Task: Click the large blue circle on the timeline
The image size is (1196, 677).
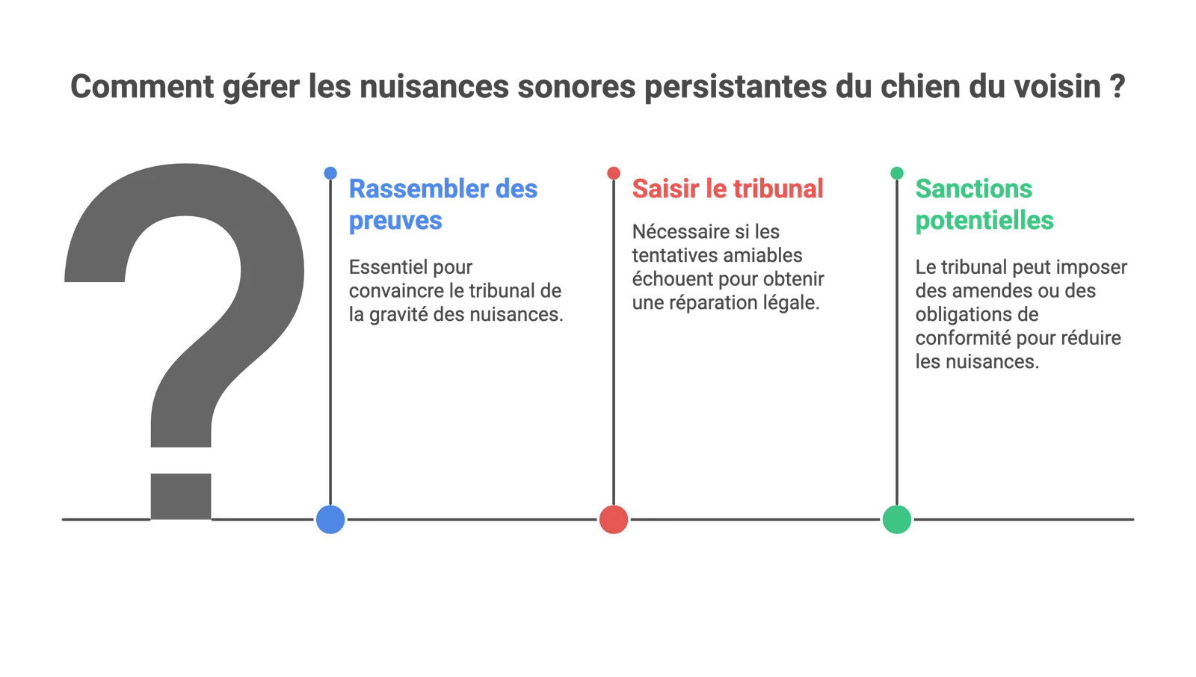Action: [330, 519]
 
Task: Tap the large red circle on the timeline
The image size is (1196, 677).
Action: [614, 519]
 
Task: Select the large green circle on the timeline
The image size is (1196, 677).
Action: [897, 519]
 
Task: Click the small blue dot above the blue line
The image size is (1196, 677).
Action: [330, 173]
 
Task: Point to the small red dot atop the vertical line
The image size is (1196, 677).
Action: [614, 173]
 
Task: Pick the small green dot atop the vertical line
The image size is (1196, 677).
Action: [897, 173]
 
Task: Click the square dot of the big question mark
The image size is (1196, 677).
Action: [181, 497]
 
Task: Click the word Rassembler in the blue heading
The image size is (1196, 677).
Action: [419, 189]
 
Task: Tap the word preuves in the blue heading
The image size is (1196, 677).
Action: [395, 221]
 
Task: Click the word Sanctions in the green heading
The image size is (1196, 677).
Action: [974, 189]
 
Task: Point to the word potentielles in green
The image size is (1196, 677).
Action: [984, 221]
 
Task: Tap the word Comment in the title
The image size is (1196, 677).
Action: [142, 87]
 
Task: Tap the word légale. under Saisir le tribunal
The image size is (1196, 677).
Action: [793, 303]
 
